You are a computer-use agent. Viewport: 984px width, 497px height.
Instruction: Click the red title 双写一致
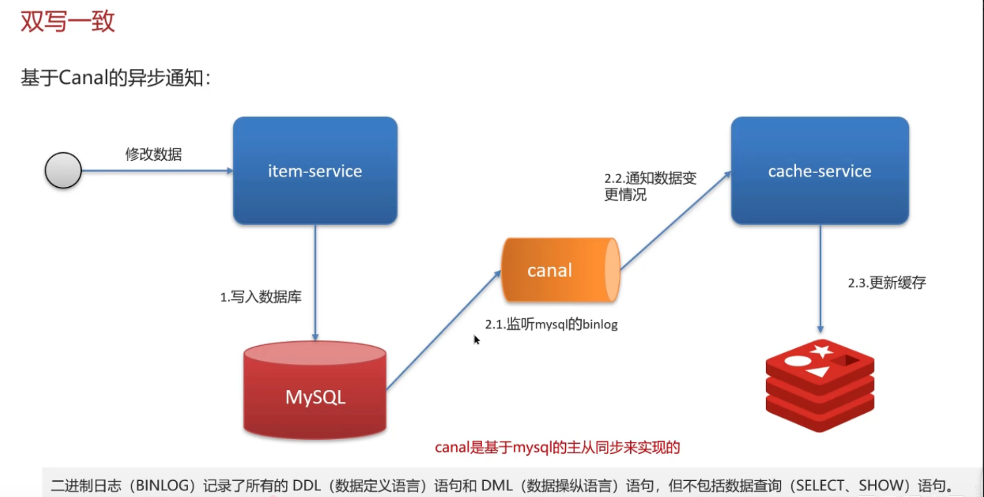[x=68, y=21]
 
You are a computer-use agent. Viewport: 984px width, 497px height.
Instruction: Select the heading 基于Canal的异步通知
[x=116, y=78]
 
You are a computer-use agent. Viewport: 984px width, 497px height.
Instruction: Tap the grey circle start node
[x=63, y=170]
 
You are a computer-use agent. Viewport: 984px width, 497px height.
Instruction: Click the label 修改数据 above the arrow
[x=154, y=154]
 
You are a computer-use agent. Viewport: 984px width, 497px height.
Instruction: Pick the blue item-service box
[x=315, y=170]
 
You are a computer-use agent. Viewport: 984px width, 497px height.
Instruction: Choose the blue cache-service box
[x=820, y=170]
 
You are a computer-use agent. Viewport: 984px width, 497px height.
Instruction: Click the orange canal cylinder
[x=560, y=270]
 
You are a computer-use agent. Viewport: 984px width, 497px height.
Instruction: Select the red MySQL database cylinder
[x=315, y=391]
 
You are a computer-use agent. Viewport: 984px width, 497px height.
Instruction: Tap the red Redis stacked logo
[x=820, y=385]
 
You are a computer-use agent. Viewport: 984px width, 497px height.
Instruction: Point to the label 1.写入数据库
[x=261, y=297]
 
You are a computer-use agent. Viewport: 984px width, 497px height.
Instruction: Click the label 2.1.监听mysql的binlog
[x=551, y=324]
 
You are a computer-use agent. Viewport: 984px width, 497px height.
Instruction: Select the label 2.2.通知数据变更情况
[x=650, y=186]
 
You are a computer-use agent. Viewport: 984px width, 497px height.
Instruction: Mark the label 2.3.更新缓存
[x=886, y=283]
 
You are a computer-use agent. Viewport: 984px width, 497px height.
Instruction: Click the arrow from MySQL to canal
[x=443, y=330]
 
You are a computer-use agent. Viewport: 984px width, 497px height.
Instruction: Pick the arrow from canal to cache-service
[x=676, y=220]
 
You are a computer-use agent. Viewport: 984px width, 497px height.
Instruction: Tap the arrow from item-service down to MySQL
[x=315, y=283]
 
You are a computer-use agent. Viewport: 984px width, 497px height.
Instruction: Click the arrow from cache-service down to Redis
[x=820, y=279]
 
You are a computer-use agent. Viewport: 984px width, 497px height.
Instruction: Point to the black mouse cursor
[x=476, y=340]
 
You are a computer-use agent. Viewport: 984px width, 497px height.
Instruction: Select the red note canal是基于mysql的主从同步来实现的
[x=557, y=447]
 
